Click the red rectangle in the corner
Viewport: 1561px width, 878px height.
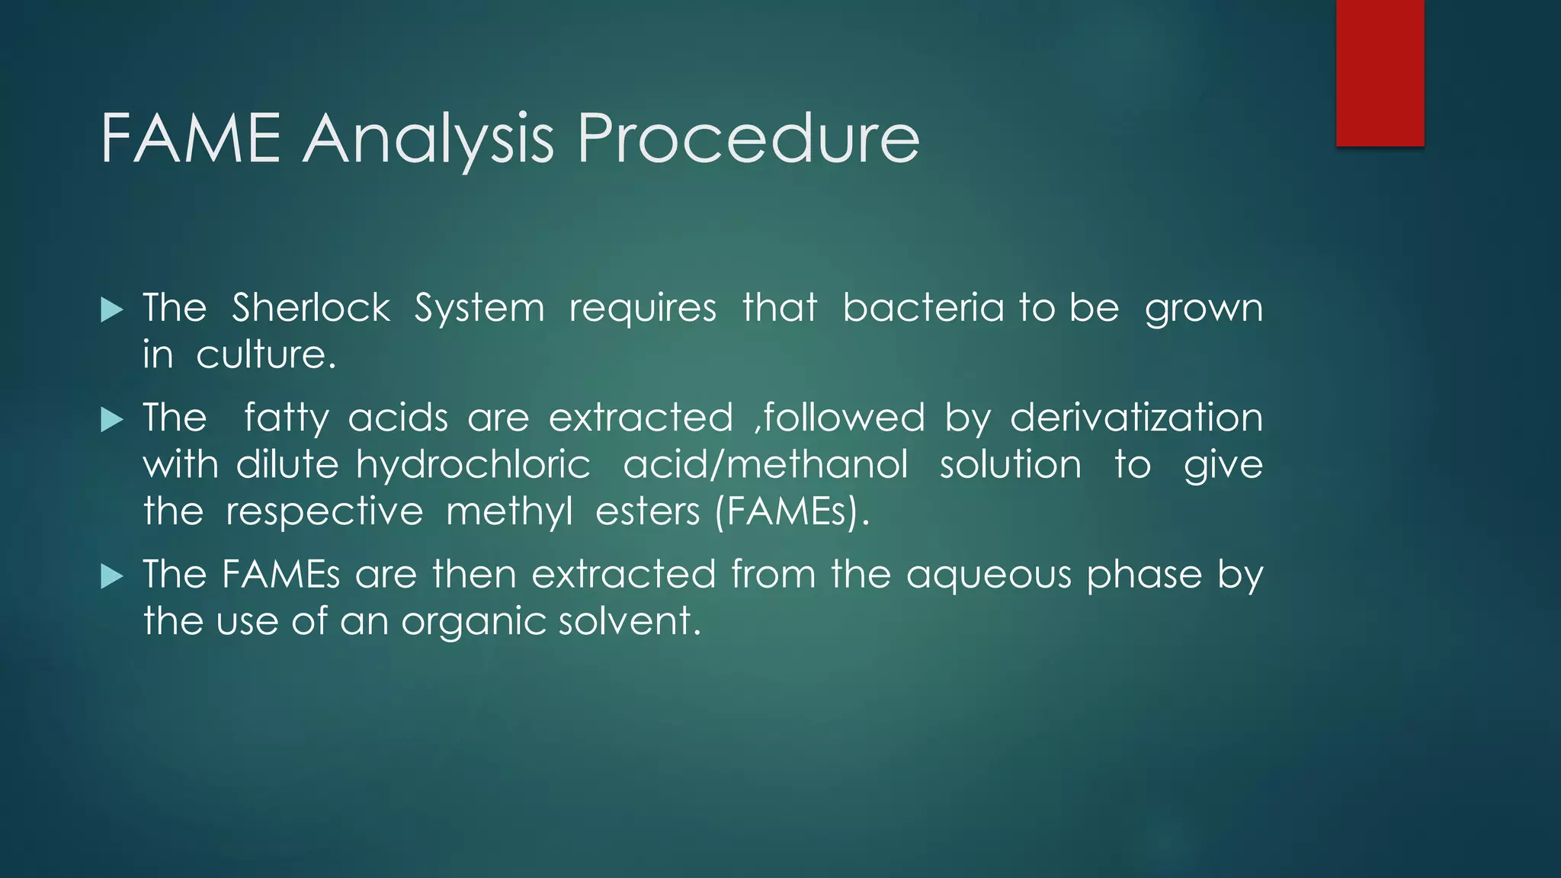[x=1380, y=73]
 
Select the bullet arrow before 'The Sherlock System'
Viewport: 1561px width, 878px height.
[x=112, y=309]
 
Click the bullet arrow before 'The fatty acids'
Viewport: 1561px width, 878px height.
[x=112, y=419]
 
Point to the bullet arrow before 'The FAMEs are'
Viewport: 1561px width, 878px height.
[x=112, y=575]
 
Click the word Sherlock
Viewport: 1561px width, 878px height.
[x=311, y=308]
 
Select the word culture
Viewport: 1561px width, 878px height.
[x=265, y=355]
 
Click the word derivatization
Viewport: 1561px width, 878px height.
[x=1136, y=418]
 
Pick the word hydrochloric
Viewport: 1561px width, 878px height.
[x=473, y=465]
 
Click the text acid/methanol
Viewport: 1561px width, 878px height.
[x=765, y=465]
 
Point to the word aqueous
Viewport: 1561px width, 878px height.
[x=989, y=574]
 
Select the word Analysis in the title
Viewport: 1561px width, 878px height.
[x=428, y=139]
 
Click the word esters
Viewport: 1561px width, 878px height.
[x=647, y=511]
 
